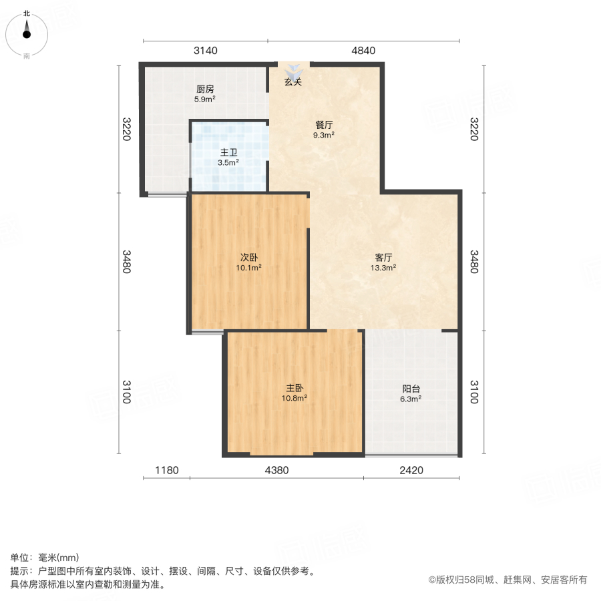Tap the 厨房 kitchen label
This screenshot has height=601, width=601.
[205, 89]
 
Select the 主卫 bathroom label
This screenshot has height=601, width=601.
[228, 152]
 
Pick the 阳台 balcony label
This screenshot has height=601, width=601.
[411, 389]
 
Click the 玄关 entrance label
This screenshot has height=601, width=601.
[293, 83]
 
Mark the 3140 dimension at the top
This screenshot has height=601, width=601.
[206, 51]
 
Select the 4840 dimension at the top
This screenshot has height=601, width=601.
[363, 51]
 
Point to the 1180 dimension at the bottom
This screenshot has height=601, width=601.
[167, 471]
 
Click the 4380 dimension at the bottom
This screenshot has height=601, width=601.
[276, 471]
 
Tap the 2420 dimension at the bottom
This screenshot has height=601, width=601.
[411, 471]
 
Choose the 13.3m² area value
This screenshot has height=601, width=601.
[383, 268]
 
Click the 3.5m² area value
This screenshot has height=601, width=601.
[228, 162]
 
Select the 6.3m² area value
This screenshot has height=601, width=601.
[411, 399]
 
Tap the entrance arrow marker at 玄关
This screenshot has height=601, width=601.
[294, 69]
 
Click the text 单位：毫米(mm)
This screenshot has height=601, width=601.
[45, 558]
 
